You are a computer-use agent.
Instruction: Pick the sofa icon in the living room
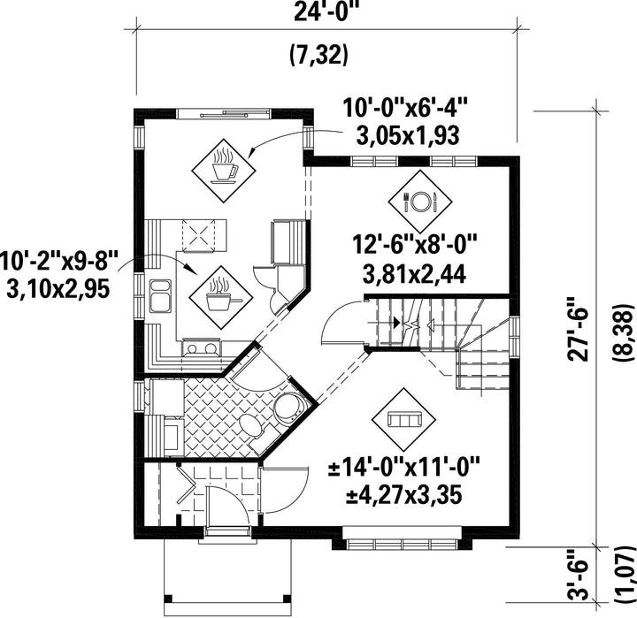(403, 420)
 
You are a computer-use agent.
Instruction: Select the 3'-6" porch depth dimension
(578, 581)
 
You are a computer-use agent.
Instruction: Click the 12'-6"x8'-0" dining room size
(414, 246)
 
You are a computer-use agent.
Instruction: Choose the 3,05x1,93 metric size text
(408, 135)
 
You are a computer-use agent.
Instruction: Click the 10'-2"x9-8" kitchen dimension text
(59, 261)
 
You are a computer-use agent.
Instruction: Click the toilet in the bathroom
(252, 427)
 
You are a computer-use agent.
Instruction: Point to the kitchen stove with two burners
(202, 348)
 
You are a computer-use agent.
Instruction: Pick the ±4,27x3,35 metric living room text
(403, 496)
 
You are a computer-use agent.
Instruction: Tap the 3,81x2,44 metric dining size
(414, 275)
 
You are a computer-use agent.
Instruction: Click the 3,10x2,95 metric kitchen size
(58, 289)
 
